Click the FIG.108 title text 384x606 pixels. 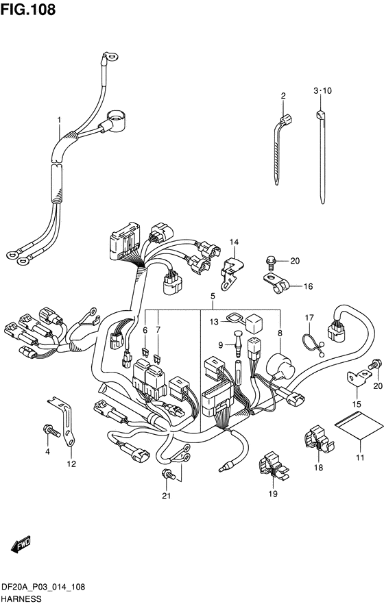[28, 10]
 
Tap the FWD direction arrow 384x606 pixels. [21, 544]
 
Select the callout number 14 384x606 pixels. [234, 242]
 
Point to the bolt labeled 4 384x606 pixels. [52, 430]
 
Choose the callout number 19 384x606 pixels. [273, 494]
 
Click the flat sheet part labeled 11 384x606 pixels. [355, 427]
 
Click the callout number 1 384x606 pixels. [59, 121]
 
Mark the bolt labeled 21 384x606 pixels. [169, 475]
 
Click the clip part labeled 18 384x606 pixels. [319, 440]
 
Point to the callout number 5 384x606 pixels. [213, 296]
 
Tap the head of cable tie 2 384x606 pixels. [287, 120]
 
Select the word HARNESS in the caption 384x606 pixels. [22, 599]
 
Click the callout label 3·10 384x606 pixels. [322, 91]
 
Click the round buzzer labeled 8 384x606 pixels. [280, 366]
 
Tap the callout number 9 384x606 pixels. [220, 344]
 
